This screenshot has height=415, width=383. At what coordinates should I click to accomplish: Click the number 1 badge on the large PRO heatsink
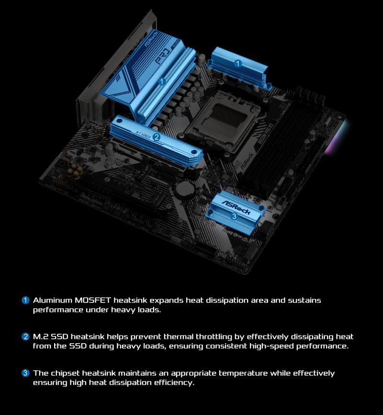click(162, 81)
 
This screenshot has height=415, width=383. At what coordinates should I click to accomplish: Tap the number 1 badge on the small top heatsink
click(238, 63)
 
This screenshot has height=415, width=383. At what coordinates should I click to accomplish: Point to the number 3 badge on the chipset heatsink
click(234, 216)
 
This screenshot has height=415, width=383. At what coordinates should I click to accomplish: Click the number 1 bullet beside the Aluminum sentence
click(26, 300)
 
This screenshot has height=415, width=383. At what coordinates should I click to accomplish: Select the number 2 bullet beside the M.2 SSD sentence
click(26, 336)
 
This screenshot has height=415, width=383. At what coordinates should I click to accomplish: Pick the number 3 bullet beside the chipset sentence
click(26, 373)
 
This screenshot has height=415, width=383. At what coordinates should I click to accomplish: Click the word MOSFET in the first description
click(93, 300)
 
